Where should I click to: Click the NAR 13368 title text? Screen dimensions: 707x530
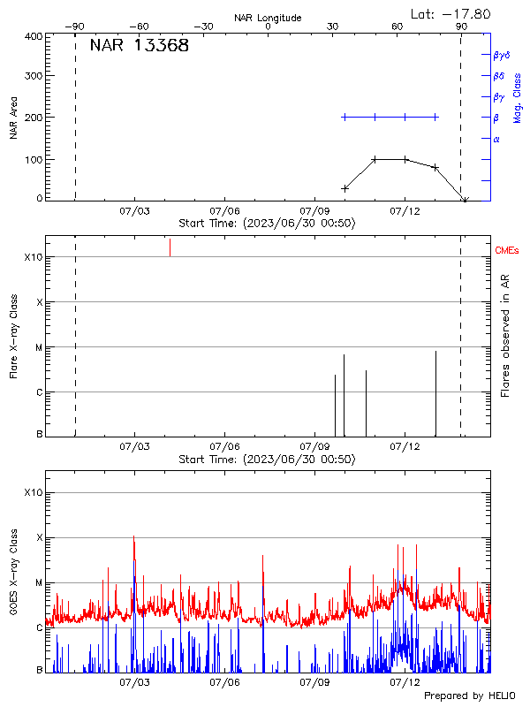click(139, 46)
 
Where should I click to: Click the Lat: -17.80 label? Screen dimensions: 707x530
click(451, 13)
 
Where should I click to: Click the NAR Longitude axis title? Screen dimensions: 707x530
click(268, 17)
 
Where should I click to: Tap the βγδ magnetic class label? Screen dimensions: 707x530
click(501, 55)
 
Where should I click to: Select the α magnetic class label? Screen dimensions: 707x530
click(496, 139)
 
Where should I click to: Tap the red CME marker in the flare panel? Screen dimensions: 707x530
click(170, 247)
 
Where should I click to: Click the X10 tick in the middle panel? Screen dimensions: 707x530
click(33, 257)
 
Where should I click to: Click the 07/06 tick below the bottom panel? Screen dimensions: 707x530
click(225, 682)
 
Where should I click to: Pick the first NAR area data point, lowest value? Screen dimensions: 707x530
click(344, 188)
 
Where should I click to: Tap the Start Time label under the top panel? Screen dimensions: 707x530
click(267, 224)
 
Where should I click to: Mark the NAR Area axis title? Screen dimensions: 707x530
click(13, 118)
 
